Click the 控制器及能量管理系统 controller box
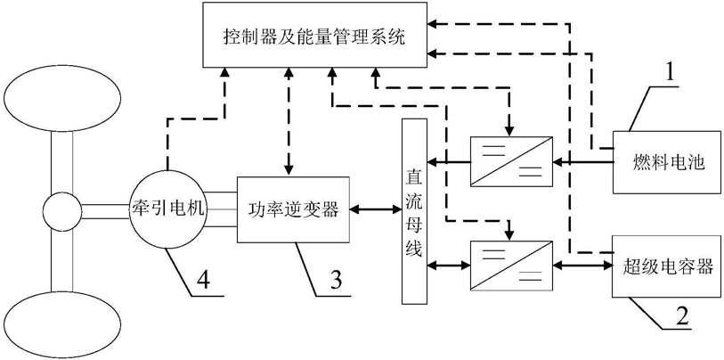[x=314, y=36]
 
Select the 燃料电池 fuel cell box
[x=666, y=162]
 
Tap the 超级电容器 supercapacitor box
[x=666, y=266]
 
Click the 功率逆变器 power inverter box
[x=293, y=209]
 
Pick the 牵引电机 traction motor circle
[x=167, y=209]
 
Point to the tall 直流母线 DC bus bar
[x=414, y=211]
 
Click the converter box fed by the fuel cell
[x=511, y=162]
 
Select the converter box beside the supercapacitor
[x=511, y=266]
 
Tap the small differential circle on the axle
[x=61, y=211]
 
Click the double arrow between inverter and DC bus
[x=376, y=209]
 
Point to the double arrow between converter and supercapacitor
[x=582, y=266]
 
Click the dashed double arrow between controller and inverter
[x=289, y=123]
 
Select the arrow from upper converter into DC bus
[x=448, y=162]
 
